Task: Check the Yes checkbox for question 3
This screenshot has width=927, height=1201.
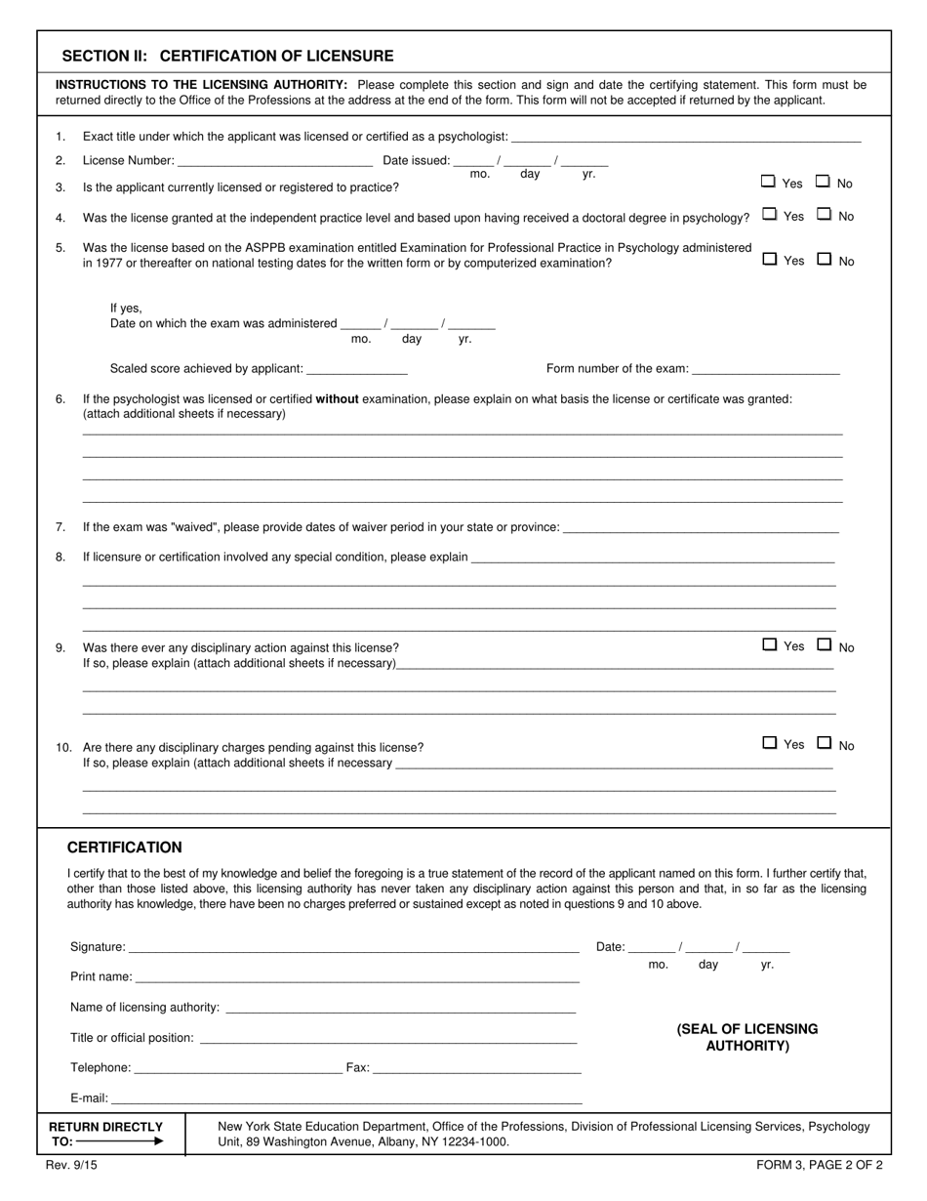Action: pyautogui.click(x=768, y=182)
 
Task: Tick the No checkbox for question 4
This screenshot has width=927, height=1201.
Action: pyautogui.click(x=824, y=214)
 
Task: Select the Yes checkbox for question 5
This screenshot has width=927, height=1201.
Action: pyautogui.click(x=769, y=259)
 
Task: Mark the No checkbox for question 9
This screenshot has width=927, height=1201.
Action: pyautogui.click(x=824, y=644)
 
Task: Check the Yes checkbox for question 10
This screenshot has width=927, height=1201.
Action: pyautogui.click(x=769, y=743)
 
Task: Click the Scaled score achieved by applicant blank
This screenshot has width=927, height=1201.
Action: pyautogui.click(x=356, y=369)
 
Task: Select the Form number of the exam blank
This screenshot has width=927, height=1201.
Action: pyautogui.click(x=765, y=369)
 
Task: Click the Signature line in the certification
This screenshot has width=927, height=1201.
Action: pyautogui.click(x=353, y=946)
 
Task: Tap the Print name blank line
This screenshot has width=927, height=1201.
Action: pyautogui.click(x=357, y=976)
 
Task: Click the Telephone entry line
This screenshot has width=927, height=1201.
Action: pyautogui.click(x=237, y=1067)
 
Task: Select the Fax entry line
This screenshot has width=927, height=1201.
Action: pyautogui.click(x=477, y=1067)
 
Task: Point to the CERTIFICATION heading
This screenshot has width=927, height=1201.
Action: pyautogui.click(x=124, y=848)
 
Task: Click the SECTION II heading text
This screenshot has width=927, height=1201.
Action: pyautogui.click(x=227, y=56)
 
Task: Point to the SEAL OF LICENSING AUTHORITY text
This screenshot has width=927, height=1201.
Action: pyautogui.click(x=747, y=1037)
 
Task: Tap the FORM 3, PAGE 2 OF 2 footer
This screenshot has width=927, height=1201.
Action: pyautogui.click(x=819, y=1165)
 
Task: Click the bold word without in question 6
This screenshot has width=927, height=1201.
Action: pyautogui.click(x=337, y=398)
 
